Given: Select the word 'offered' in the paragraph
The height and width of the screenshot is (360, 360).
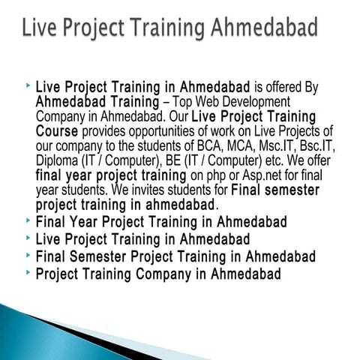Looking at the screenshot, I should click(x=288, y=87).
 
